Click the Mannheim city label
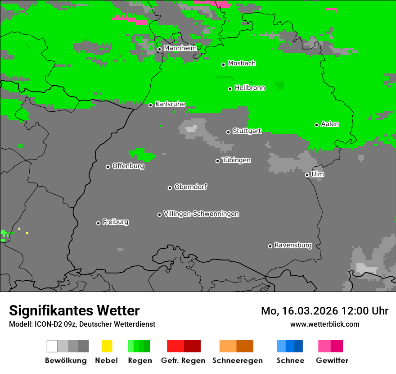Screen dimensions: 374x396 (180, 48)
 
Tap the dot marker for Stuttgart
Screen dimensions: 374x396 (228, 132)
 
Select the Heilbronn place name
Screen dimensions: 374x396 (250, 88)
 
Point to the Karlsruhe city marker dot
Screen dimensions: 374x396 (150, 105)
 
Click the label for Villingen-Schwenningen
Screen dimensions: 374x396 (201, 214)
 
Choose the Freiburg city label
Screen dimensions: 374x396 (115, 222)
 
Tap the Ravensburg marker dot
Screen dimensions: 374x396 (270, 246)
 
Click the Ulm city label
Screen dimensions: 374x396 (318, 174)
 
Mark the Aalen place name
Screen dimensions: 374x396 (330, 124)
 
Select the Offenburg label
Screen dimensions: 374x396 (128, 166)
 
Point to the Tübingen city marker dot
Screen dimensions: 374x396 (217, 161)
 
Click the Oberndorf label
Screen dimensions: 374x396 (190, 187)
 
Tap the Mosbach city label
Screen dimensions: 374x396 (242, 64)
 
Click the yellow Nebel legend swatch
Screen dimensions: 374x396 (107, 346)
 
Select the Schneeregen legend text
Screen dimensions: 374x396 (237, 360)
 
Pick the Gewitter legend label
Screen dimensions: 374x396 (332, 360)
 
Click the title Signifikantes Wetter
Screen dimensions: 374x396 (74, 310)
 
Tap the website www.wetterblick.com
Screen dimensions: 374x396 (324, 324)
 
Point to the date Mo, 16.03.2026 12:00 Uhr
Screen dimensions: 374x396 (324, 311)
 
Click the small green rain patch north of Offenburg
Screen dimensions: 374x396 (141, 155)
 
